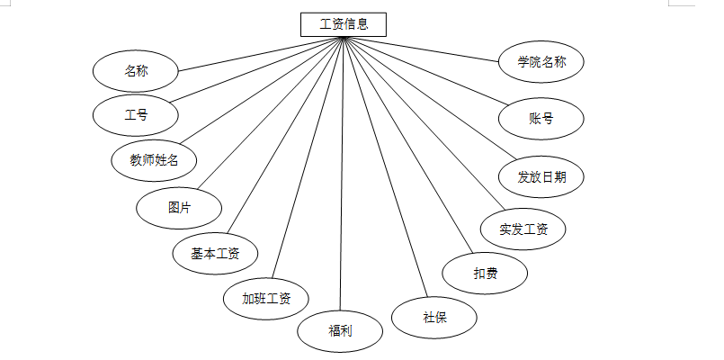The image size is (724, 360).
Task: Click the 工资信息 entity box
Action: [344, 24]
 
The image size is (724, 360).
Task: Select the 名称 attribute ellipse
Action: [136, 70]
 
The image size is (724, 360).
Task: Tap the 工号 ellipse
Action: [136, 115]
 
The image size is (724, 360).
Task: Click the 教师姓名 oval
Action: [154, 161]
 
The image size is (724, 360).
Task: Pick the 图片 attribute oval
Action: [179, 207]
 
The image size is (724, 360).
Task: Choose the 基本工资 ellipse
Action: [215, 254]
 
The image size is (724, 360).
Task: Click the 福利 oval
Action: [340, 330]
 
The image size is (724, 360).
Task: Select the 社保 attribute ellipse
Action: [434, 317]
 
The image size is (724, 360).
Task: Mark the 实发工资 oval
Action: [523, 229]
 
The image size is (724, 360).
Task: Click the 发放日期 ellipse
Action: [541, 176]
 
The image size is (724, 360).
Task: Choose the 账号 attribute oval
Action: [541, 118]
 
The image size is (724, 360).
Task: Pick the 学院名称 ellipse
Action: [541, 62]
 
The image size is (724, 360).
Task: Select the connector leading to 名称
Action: [261, 53]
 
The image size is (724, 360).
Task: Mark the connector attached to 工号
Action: [256, 69]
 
